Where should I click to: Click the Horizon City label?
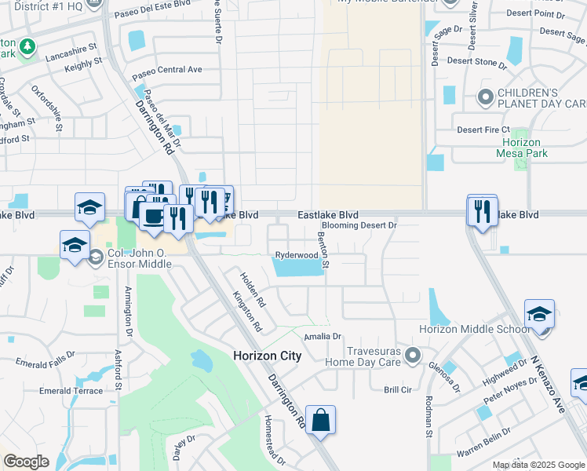tap(267, 356)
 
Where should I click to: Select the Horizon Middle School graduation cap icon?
tap(539, 315)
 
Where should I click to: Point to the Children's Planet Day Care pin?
tap(485, 98)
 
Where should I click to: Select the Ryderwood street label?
tap(297, 255)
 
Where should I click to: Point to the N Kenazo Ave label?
tap(548, 384)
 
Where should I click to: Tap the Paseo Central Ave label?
tap(168, 71)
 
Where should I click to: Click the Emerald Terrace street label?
tap(71, 391)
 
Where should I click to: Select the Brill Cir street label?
tap(398, 389)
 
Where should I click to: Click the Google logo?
tap(27, 462)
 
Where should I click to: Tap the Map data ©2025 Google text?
tap(538, 465)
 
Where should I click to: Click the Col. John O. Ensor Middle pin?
tap(96, 257)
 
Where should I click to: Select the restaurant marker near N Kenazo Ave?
tap(482, 211)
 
